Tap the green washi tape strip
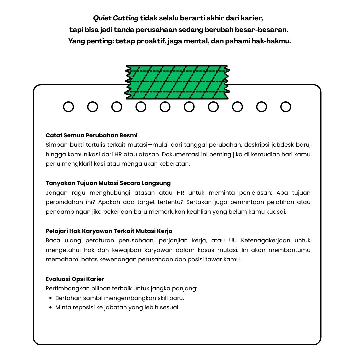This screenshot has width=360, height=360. point(178,82)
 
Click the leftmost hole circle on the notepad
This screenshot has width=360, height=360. point(68,107)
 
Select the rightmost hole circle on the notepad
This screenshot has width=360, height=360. point(286,107)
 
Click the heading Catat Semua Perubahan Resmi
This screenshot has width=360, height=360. point(92,135)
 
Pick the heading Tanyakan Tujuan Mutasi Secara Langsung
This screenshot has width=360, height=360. point(108,183)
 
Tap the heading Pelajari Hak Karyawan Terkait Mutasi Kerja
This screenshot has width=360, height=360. point(109,231)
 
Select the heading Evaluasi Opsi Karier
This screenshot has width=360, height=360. point(75,279)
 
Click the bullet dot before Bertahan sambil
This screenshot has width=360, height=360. point(50,298)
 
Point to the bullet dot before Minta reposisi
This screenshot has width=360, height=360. point(50,308)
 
